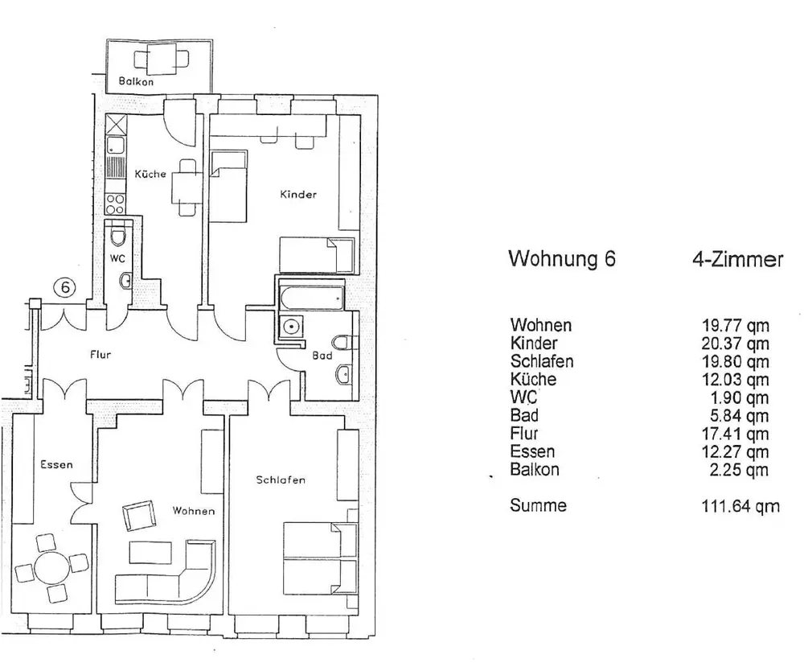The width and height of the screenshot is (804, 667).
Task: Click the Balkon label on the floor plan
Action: click(136, 81)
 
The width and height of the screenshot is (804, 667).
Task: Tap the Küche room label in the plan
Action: click(150, 174)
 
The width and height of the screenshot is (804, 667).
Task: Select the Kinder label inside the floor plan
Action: click(298, 194)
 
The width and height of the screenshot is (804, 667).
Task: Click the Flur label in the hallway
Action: click(100, 355)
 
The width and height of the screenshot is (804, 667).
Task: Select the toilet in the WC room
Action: click(119, 236)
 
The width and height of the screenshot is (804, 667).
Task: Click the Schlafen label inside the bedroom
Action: click(281, 480)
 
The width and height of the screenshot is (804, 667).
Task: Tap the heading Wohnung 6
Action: click(563, 260)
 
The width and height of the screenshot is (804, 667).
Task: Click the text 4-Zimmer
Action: click(736, 260)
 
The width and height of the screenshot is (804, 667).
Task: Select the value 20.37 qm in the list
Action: click(735, 344)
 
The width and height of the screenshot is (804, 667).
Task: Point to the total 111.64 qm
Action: click(740, 506)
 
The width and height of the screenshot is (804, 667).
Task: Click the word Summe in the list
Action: click(538, 505)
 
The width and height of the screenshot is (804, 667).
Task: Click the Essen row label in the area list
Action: click(532, 451)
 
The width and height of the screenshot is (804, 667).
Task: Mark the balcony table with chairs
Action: click(161, 59)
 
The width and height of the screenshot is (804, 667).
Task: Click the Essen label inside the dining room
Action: click(56, 464)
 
